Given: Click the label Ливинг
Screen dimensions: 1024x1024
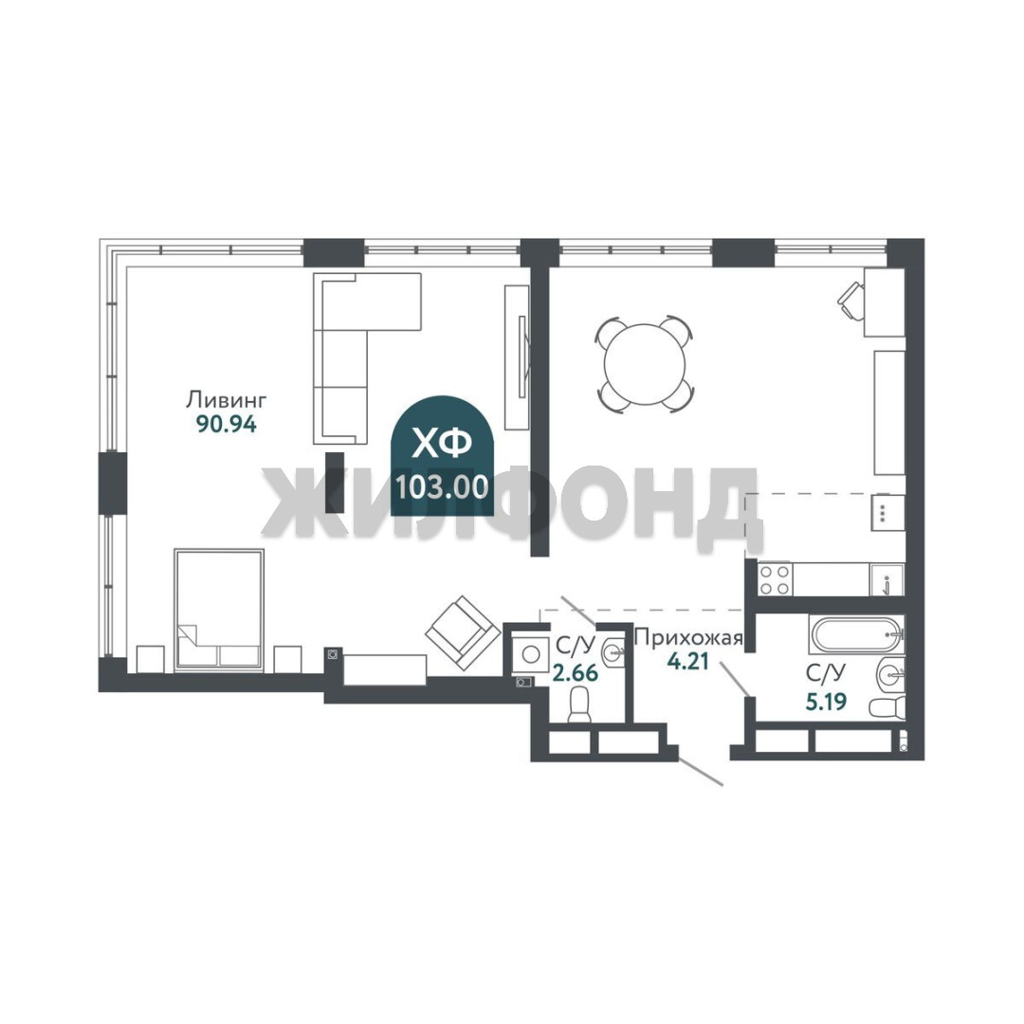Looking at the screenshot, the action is click(227, 399).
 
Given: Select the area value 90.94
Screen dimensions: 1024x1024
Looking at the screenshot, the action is click(227, 425).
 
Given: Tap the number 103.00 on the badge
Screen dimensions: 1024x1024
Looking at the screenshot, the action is click(442, 486).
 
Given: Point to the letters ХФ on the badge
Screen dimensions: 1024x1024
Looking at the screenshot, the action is click(443, 444).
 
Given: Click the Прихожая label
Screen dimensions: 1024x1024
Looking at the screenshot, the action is click(689, 637).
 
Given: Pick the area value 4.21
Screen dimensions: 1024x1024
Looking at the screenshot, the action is click(687, 662).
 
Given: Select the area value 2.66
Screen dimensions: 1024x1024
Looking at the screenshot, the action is click(576, 672).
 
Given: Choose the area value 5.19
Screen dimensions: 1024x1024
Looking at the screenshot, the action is click(826, 702).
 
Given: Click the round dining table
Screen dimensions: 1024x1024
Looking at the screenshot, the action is click(644, 364).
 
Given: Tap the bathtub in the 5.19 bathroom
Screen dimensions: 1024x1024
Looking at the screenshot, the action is click(856, 633).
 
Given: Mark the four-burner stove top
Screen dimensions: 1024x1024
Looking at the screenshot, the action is click(775, 579).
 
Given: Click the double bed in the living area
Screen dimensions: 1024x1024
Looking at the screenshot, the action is click(219, 610).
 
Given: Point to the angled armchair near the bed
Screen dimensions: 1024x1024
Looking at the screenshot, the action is click(460, 632).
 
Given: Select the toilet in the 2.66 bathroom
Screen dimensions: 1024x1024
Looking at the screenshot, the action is click(579, 707).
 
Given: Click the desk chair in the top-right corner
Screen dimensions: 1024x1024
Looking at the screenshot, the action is click(850, 301).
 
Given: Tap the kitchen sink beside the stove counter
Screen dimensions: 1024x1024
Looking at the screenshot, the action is click(887, 580).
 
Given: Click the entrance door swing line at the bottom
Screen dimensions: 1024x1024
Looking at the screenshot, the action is click(701, 771).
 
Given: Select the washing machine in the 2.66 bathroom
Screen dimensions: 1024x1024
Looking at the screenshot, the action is click(530, 653).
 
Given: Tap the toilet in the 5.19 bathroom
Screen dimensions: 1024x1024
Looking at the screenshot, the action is click(887, 706).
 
